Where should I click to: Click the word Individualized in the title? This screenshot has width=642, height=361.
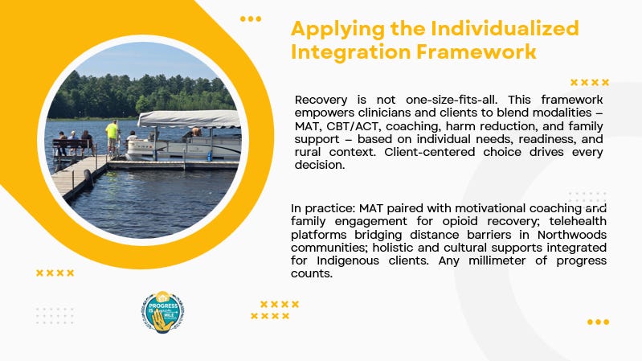505,29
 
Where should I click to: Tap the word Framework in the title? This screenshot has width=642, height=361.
476,52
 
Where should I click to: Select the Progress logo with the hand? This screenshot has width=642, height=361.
163,312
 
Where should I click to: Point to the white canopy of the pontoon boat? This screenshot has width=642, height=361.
189,119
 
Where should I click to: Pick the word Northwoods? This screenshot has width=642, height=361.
572,235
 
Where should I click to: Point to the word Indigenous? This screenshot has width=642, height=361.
348,260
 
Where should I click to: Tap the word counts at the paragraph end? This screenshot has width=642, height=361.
311,273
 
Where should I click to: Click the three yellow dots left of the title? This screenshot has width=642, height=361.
251,18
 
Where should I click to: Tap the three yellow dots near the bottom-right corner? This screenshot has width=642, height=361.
598,322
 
